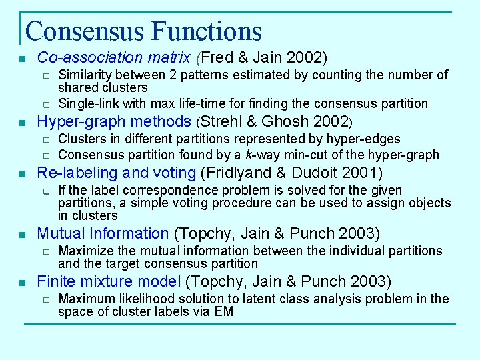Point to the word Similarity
point(85,75)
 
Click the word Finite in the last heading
point(57,281)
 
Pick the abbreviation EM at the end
point(223,311)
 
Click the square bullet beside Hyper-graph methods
point(23,123)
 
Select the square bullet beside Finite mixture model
point(23,283)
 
